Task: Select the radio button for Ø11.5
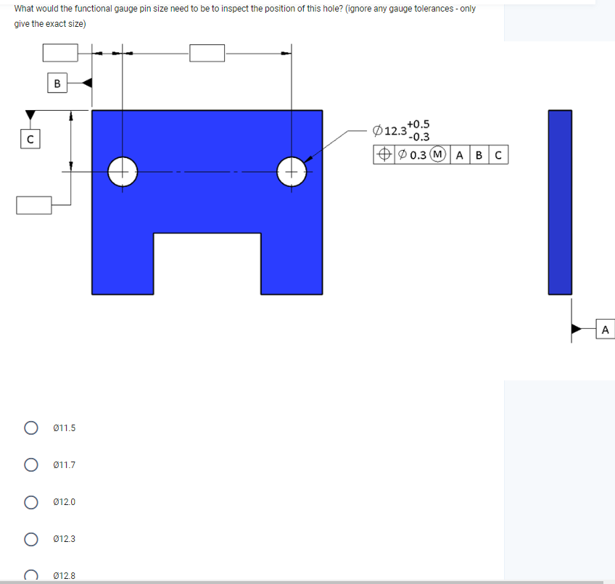tap(31, 428)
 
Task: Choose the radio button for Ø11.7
tap(31, 465)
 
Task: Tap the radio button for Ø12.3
tap(31, 539)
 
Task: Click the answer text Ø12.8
tap(65, 576)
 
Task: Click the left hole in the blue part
tap(123, 172)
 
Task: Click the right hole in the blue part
tap(292, 172)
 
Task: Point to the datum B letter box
tap(57, 83)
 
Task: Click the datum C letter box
tap(30, 138)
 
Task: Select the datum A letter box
tap(605, 330)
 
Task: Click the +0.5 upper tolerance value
tap(418, 125)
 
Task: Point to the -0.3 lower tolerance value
tap(418, 136)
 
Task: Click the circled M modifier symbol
tap(438, 154)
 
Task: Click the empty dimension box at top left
tap(60, 53)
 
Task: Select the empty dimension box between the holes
tap(207, 53)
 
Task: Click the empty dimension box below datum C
tap(35, 205)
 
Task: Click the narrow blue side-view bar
tap(560, 202)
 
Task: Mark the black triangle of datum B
tap(86, 83)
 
